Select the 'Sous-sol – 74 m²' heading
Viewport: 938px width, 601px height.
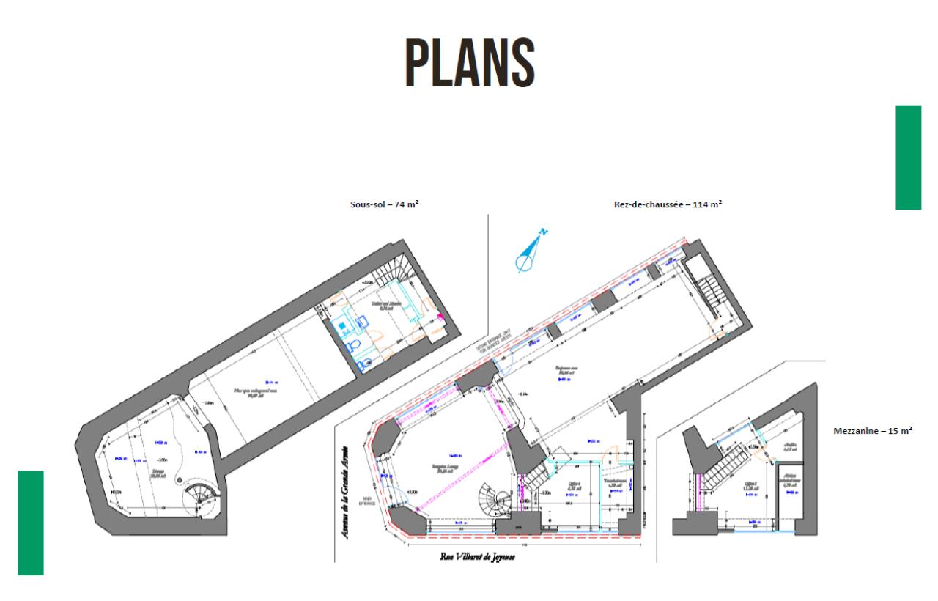(384, 205)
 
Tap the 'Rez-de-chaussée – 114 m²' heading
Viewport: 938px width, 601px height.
(668, 205)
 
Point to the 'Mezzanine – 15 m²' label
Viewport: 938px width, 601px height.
(873, 432)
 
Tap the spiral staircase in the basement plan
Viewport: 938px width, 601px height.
(199, 498)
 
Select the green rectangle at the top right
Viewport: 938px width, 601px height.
(908, 157)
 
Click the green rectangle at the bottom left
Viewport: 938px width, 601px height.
(31, 523)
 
